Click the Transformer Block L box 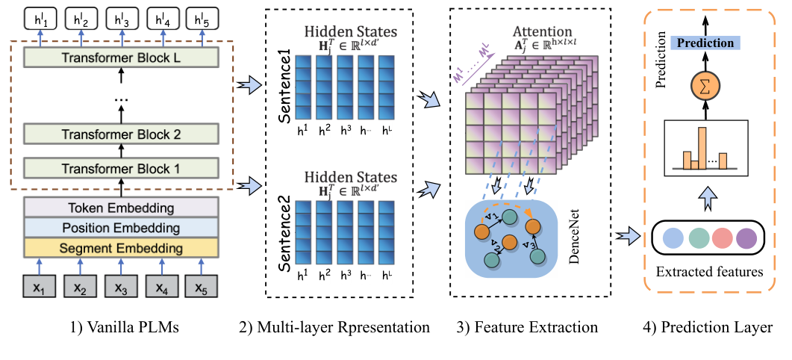[x=122, y=57]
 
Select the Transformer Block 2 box [x=122, y=134]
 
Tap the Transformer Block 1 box [x=122, y=168]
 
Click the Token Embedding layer [x=122, y=208]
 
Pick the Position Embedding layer [x=122, y=227]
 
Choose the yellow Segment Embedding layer [x=122, y=247]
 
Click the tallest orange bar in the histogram [x=702, y=148]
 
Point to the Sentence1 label [x=283, y=78]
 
